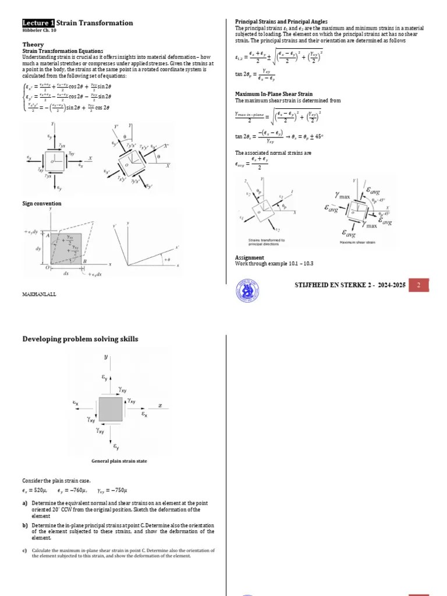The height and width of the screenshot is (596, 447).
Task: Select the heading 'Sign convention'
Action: [x=41, y=204]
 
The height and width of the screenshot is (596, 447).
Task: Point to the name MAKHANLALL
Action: [x=39, y=294]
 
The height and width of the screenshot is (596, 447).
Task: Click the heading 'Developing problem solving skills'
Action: [x=80, y=339]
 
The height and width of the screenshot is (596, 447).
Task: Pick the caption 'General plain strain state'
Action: [x=119, y=461]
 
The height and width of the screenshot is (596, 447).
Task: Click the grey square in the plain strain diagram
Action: [x=111, y=409]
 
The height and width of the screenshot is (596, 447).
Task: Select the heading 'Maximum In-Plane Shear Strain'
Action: [x=273, y=94]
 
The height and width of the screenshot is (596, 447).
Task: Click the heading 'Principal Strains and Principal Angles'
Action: [x=281, y=22]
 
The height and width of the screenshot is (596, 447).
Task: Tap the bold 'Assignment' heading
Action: [x=250, y=257]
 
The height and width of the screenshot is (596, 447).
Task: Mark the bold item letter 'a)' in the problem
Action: [x=25, y=503]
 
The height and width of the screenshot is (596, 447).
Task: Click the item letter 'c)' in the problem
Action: [x=25, y=550]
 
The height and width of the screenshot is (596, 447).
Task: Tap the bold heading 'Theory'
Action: [x=33, y=44]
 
